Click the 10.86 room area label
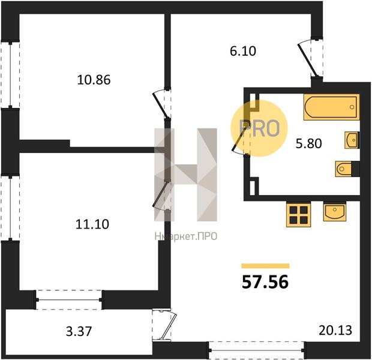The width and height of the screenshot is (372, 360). click(94, 80)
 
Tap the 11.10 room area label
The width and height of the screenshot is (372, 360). click(92, 224)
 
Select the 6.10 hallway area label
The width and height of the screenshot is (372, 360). click(243, 51)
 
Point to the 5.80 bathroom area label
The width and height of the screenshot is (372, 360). click(308, 143)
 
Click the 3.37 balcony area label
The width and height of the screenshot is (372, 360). click(79, 331)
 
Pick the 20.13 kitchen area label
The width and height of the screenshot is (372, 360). click(335, 330)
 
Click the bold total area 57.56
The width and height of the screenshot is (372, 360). click(265, 282)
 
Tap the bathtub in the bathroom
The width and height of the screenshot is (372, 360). click(331, 107)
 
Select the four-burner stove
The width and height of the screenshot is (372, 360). click(298, 215)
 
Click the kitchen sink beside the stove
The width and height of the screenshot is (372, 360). click(335, 212)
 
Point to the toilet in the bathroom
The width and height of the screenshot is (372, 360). click(347, 169)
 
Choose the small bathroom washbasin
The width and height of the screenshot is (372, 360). click(352, 140)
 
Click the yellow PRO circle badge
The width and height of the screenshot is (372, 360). click(259, 128)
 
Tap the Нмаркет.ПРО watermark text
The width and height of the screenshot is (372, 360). click(186, 236)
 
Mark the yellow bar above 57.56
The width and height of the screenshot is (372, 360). click(265, 266)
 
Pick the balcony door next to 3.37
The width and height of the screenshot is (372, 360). click(164, 325)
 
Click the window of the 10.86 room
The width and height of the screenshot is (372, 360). click(10, 75)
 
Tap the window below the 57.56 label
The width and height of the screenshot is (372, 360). click(256, 350)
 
